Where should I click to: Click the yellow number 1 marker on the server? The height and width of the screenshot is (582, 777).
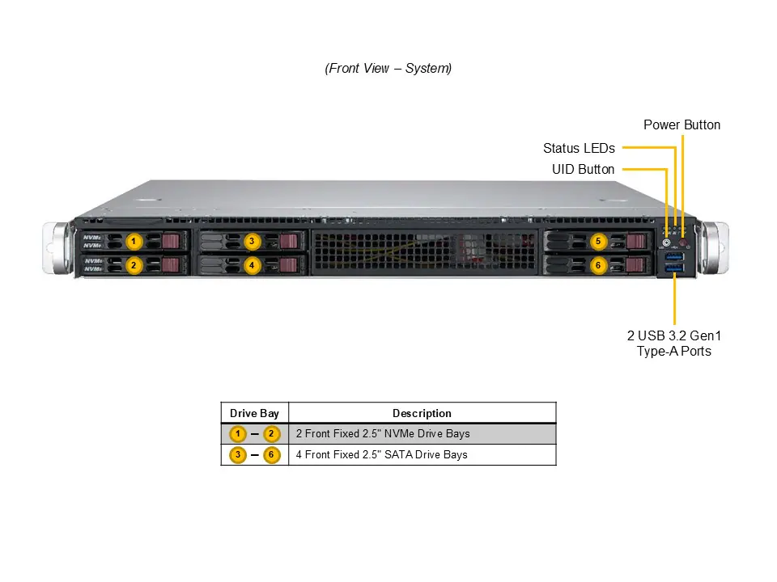[x=134, y=241]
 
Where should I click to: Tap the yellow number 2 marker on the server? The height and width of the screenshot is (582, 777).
[x=134, y=264]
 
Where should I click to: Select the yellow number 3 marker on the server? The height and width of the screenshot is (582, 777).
[x=252, y=241]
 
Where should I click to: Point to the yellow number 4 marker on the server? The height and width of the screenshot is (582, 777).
[x=252, y=264]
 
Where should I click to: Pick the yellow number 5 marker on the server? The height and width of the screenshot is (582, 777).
[x=598, y=241]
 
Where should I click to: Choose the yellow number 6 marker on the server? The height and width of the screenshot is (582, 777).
[x=598, y=264]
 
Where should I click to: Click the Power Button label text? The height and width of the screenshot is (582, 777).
[x=681, y=124]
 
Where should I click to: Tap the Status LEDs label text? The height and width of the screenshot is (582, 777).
[x=579, y=148]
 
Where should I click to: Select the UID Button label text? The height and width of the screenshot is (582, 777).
[x=583, y=169]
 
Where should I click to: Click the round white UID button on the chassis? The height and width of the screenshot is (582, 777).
[x=667, y=242]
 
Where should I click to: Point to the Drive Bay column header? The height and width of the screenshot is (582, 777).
[x=254, y=413]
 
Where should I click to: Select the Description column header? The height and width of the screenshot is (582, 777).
[x=422, y=413]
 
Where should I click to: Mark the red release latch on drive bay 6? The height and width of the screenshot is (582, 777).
[x=637, y=264]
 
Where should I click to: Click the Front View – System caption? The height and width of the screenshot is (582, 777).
[x=388, y=69]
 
